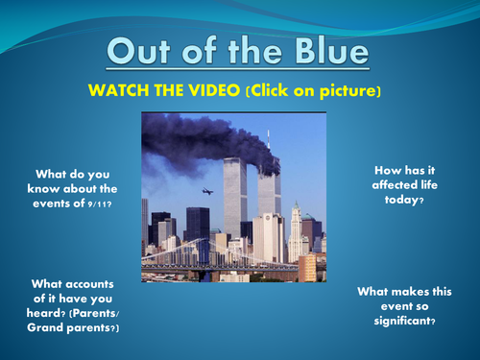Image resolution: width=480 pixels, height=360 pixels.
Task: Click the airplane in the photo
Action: pos(206,191)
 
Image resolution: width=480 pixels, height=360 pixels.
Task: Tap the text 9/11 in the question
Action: pos(98,204)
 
